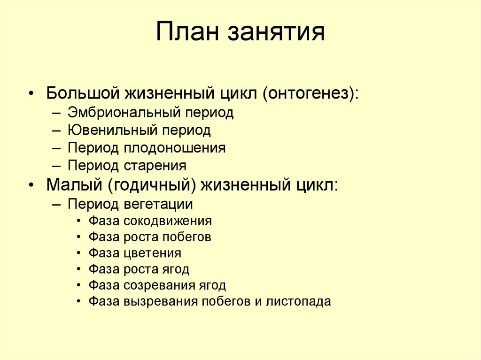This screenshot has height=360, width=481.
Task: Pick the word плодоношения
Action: pos(175,148)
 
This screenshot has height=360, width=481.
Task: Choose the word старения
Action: pos(155,165)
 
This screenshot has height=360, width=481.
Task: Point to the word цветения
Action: pos(153,253)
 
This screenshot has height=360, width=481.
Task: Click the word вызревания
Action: pos(160,301)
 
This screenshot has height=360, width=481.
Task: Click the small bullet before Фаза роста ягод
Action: pos(78,269)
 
